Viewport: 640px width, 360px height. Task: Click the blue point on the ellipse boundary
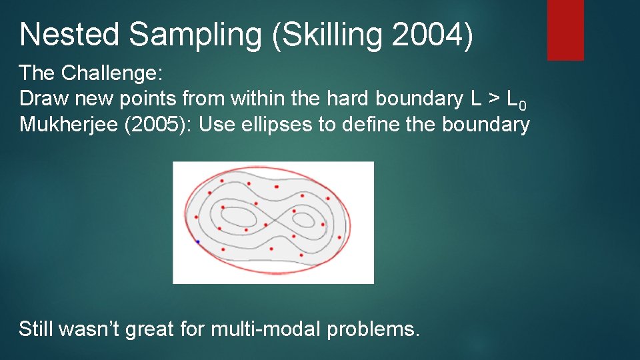pos(197,241)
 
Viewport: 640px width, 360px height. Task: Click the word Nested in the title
pos(69,35)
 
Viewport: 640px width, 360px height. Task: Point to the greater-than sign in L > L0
pos(494,99)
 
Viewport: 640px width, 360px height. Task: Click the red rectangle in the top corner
pos(565,30)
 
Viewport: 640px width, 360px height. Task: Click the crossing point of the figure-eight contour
pos(274,221)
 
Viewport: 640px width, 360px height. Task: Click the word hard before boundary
pos(350,99)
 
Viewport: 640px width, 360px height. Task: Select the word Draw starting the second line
pos(45,99)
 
